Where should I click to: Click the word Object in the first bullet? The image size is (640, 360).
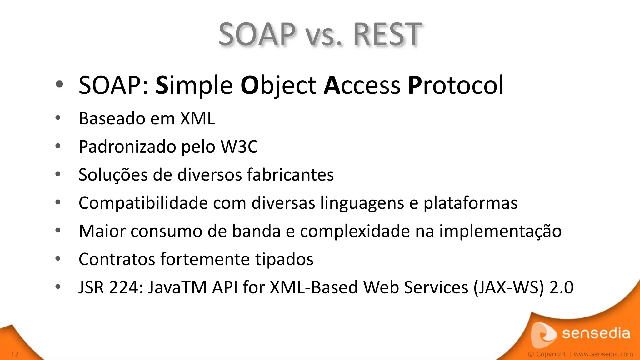click(x=278, y=85)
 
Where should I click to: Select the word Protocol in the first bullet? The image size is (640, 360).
click(x=456, y=85)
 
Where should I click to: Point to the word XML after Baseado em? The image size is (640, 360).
click(x=197, y=119)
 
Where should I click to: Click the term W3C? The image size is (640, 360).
click(x=239, y=147)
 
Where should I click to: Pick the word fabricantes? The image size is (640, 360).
click(x=290, y=175)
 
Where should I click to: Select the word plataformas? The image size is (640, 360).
click(x=470, y=203)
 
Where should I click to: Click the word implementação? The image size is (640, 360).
click(x=500, y=232)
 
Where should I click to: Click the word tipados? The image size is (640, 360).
click(x=284, y=260)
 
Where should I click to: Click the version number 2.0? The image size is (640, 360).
click(x=561, y=287)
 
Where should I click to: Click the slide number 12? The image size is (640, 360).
click(x=15, y=354)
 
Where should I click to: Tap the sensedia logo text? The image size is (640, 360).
click(x=596, y=333)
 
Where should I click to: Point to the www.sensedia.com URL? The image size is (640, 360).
click(x=603, y=354)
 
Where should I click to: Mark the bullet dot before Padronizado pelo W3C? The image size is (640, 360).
click(x=58, y=146)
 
